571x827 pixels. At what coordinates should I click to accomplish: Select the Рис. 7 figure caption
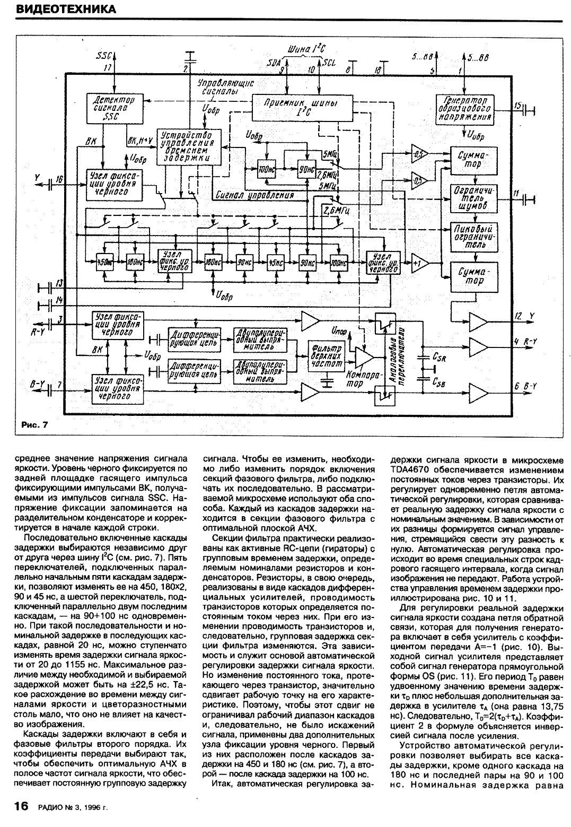[34, 425]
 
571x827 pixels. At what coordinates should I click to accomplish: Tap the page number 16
[20, 806]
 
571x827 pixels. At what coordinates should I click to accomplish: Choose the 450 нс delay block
[104, 262]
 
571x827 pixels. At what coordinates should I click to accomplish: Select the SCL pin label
[329, 63]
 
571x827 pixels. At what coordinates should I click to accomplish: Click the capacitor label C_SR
[439, 358]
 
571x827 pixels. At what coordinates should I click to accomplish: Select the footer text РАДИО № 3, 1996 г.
[73, 808]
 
